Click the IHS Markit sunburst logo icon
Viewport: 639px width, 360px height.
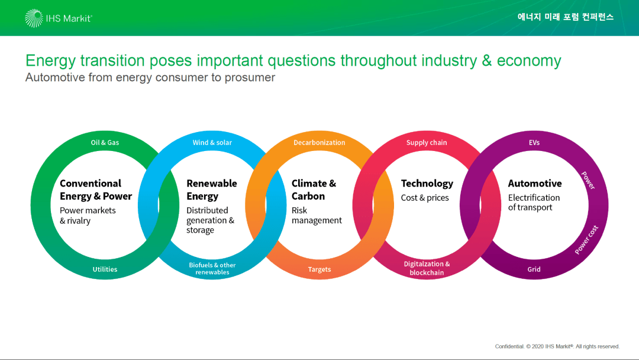click(x=33, y=18)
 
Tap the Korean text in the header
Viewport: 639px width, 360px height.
click(x=565, y=17)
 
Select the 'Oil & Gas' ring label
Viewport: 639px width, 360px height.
click(x=105, y=142)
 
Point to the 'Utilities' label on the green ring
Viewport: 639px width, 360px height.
click(x=105, y=269)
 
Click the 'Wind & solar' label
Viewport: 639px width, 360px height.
click(x=212, y=142)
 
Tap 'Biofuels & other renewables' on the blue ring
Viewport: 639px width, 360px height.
click(x=212, y=268)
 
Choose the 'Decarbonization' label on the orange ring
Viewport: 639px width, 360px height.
click(x=319, y=142)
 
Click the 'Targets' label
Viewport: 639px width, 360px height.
click(x=319, y=269)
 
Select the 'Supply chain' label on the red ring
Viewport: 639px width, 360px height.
click(x=426, y=142)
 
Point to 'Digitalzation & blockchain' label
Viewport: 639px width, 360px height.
click(x=427, y=268)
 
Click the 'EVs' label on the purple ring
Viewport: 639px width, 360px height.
click(x=534, y=142)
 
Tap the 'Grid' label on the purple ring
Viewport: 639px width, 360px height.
click(x=534, y=269)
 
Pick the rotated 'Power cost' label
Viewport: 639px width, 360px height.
click(x=586, y=240)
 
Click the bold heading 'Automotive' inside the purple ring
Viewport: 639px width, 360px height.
click(x=535, y=184)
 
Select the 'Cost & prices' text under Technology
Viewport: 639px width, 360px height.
click(x=425, y=198)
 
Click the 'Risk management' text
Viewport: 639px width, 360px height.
click(x=317, y=216)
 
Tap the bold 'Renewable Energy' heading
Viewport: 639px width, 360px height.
click(x=211, y=189)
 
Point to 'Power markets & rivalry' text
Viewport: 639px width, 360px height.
click(x=88, y=216)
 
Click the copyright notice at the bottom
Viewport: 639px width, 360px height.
click(x=557, y=346)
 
